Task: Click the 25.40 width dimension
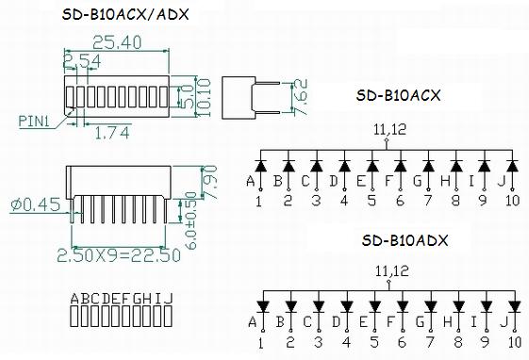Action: coord(117,42)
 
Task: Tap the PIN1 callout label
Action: coord(34,122)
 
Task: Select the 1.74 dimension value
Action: coord(112,133)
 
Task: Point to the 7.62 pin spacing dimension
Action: coord(300,97)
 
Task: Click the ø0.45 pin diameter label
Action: coord(36,205)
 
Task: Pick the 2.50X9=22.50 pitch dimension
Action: coord(119,255)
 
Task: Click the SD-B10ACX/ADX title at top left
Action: coord(125,14)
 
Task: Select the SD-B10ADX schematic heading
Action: coord(405,240)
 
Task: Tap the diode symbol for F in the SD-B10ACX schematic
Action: coord(400,166)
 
